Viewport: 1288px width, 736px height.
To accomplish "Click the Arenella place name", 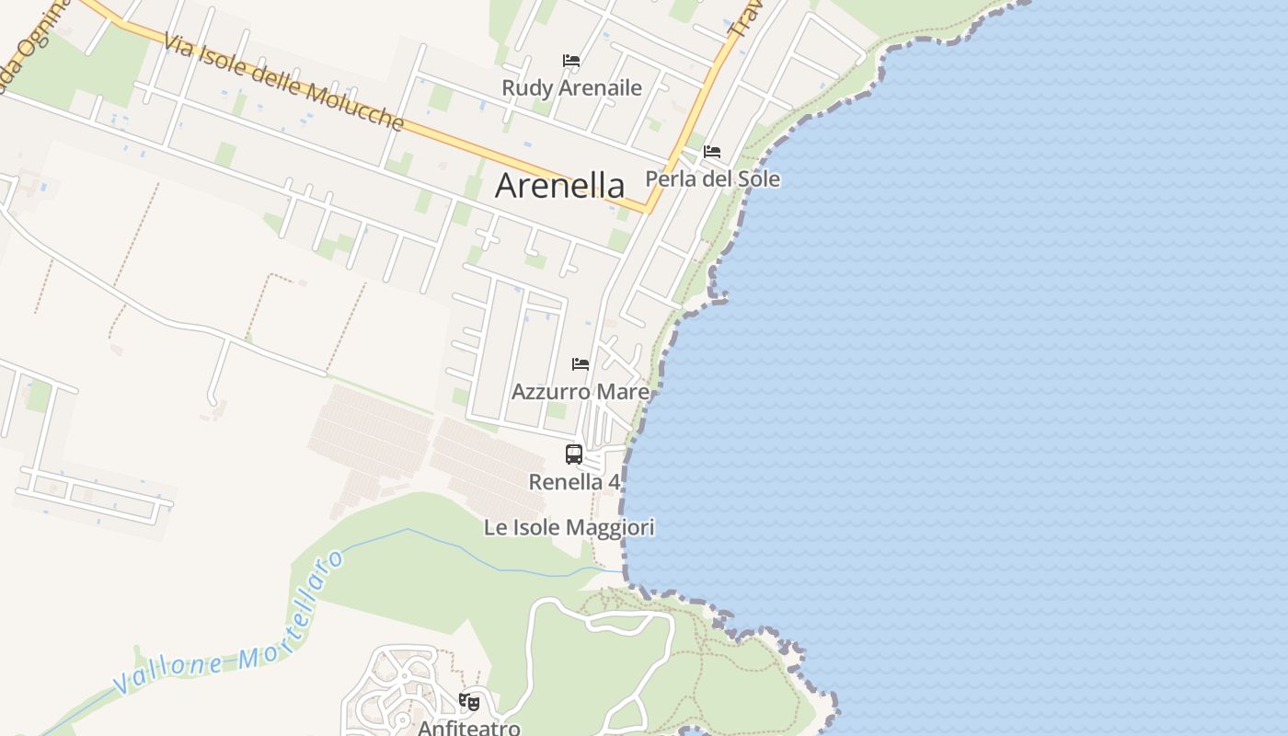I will pyautogui.click(x=559, y=185).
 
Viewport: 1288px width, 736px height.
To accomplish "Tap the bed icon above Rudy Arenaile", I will pyautogui.click(x=571, y=61).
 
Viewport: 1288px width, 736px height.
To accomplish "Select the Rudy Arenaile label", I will pyautogui.click(x=571, y=87).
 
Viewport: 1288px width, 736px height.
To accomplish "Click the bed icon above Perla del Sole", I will pyautogui.click(x=712, y=152).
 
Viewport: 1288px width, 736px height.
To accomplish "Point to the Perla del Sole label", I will pyautogui.click(x=712, y=178).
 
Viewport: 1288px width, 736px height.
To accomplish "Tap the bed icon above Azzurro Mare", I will pyautogui.click(x=581, y=364).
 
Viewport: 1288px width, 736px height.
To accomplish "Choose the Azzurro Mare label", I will pyautogui.click(x=580, y=392).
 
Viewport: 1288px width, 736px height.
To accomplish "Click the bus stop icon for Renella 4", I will pyautogui.click(x=574, y=454).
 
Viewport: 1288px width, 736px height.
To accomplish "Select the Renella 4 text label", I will pyautogui.click(x=574, y=481).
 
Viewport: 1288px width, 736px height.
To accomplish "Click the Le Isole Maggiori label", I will pyautogui.click(x=569, y=527).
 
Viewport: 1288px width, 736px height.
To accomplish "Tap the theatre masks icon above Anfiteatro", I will pyautogui.click(x=469, y=702).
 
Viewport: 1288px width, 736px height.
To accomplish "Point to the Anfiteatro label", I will pyautogui.click(x=469, y=728).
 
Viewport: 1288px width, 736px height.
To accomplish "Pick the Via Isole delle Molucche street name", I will pyautogui.click(x=283, y=81).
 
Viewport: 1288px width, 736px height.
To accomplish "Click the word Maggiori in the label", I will pyautogui.click(x=616, y=527).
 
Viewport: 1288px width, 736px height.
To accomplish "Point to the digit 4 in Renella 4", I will pyautogui.click(x=614, y=481).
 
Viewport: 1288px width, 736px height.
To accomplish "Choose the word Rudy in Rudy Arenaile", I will pyautogui.click(x=523, y=87).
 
